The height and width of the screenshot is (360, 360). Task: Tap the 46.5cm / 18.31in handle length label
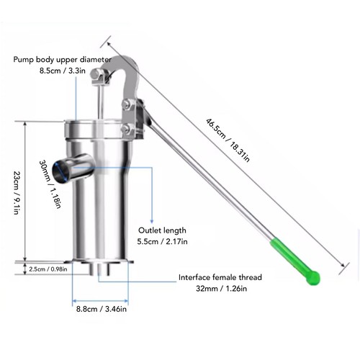tap(228, 140)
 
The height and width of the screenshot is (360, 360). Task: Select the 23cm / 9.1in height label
tap(17, 192)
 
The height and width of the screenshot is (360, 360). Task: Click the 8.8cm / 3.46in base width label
tap(102, 309)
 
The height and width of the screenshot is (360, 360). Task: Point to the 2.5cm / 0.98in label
tap(48, 269)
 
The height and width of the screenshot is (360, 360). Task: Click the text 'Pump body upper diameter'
tap(63, 60)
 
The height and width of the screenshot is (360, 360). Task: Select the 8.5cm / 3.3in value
tap(63, 71)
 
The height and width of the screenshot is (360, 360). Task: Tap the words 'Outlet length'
tap(162, 230)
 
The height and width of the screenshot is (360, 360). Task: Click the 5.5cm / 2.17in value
tap(162, 241)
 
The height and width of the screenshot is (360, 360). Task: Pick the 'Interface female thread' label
tap(220, 277)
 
